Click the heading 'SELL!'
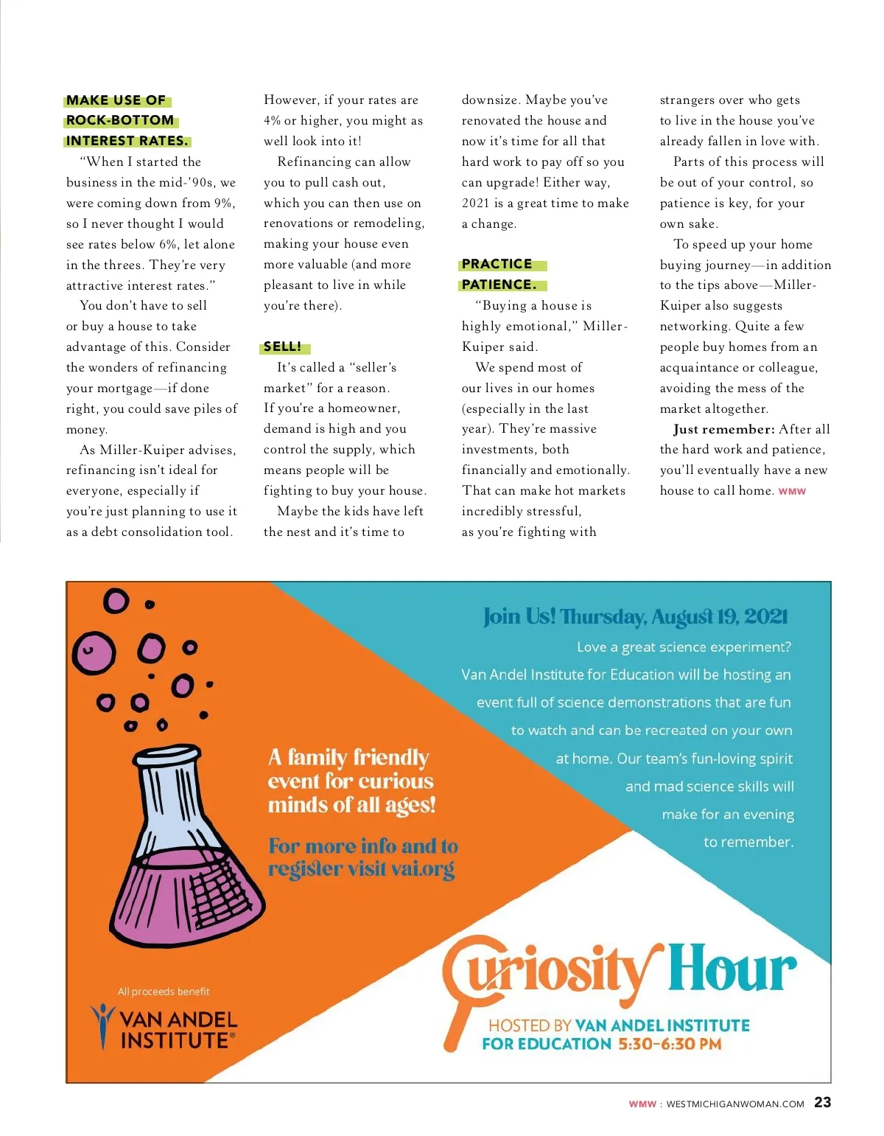[283, 346]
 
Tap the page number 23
[822, 1102]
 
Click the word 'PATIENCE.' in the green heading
[499, 285]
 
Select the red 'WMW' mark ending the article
[792, 492]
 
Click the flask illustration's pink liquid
[184, 899]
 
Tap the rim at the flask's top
[166, 756]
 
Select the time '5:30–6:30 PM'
[670, 1044]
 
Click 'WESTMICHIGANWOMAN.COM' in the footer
[734, 1104]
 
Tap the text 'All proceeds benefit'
[164, 992]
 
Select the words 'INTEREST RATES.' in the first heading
[127, 141]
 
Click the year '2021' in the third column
[476, 203]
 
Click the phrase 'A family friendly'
[348, 757]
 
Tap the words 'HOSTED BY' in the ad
[530, 1025]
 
